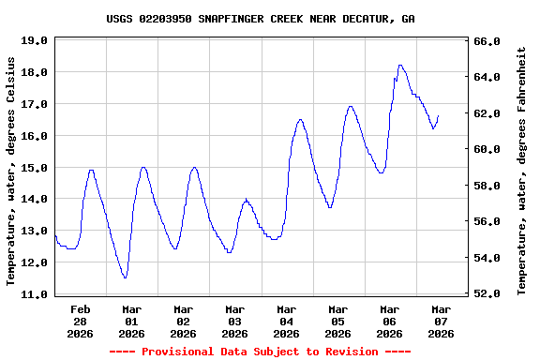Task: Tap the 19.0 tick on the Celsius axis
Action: (x=34, y=40)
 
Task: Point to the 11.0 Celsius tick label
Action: (x=34, y=293)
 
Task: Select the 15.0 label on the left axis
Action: (x=34, y=167)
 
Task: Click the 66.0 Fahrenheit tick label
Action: (x=488, y=41)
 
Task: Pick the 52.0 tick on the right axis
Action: (x=488, y=293)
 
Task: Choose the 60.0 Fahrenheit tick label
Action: (x=488, y=149)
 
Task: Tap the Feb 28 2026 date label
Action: (x=80, y=321)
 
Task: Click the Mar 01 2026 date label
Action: (x=131, y=321)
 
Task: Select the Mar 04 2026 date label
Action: (x=286, y=321)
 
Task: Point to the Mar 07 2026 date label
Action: (x=441, y=321)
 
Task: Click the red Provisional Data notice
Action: (x=261, y=352)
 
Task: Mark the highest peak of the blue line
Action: (x=400, y=66)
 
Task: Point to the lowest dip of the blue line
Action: (x=125, y=277)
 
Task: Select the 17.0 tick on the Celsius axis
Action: (x=34, y=104)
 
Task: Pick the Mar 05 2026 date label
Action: (x=337, y=321)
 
